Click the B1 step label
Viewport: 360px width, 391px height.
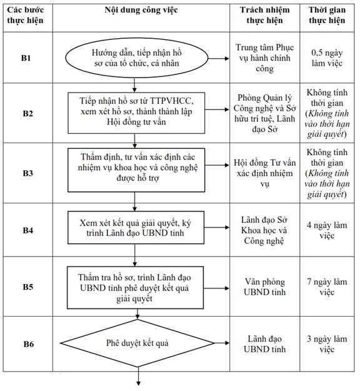[x=26, y=58]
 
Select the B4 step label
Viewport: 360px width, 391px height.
[x=27, y=230]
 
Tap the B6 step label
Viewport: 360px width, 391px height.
[x=28, y=344]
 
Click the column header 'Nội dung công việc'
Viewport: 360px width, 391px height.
[x=141, y=10]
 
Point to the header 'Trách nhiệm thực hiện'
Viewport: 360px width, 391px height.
[x=264, y=15]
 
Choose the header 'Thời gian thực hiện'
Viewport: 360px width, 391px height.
[x=327, y=15]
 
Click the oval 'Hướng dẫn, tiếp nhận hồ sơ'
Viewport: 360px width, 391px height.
[x=136, y=58]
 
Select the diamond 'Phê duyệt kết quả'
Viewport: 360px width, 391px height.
[x=137, y=343]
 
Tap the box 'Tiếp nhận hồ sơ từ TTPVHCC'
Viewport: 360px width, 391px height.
[x=136, y=113]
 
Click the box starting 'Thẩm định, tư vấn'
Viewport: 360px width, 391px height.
[x=136, y=170]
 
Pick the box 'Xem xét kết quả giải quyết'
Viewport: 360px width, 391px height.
[x=136, y=228]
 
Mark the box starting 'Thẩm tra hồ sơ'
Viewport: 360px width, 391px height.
[x=135, y=288]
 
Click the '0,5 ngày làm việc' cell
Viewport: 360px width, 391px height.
[x=327, y=58]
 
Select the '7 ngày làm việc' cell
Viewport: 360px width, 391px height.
[x=327, y=287]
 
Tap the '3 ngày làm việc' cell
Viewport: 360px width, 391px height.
[x=327, y=344]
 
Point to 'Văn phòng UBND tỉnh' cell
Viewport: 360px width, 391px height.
[x=264, y=287]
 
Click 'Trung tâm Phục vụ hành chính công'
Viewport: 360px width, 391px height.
[x=264, y=58]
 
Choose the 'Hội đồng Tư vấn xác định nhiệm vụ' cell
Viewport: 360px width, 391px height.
[x=264, y=173]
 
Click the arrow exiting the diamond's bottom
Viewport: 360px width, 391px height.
[x=138, y=376]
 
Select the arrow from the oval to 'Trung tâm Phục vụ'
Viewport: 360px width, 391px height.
[x=219, y=58]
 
